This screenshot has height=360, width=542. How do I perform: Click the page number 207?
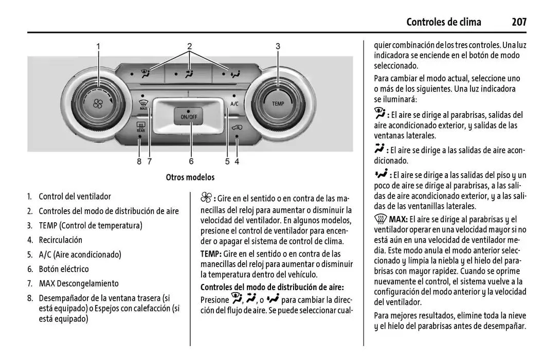pos(519,22)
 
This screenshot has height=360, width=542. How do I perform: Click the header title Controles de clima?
pos(443,22)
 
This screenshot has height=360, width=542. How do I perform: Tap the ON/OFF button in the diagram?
pos(189,115)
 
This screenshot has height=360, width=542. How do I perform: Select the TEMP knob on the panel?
pos(278,103)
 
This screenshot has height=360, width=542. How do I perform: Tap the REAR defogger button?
pos(140,127)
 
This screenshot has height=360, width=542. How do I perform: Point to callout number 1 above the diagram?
pos(98,46)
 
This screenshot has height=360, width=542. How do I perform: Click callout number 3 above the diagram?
pos(278,46)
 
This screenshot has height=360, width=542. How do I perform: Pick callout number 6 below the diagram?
pos(191,161)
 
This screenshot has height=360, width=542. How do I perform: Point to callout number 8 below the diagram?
pos(139,161)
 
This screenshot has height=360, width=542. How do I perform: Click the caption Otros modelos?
pos(190,177)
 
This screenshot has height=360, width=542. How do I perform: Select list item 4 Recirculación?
pos(60,240)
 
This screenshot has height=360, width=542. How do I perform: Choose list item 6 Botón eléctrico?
pos(63,269)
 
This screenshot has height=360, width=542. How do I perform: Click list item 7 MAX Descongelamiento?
pos(78,283)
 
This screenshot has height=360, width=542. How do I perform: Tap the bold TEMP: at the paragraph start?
pos(211,254)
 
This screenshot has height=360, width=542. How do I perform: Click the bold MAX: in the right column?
pos(398,220)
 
